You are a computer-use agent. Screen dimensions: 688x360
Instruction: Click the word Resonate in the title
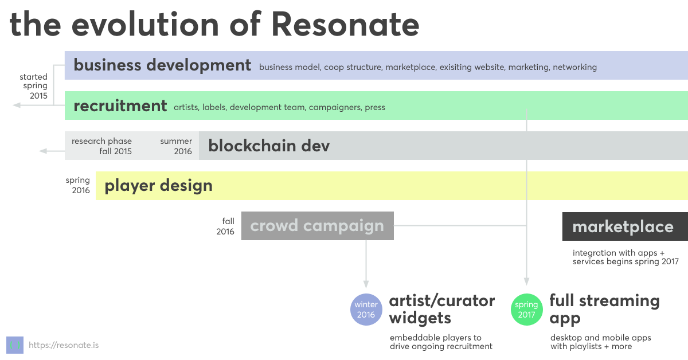tap(345, 24)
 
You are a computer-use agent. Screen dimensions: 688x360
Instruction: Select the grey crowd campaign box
tap(317, 226)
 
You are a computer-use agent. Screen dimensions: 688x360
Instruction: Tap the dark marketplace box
tap(625, 226)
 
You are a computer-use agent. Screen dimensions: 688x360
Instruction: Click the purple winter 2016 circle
tap(366, 310)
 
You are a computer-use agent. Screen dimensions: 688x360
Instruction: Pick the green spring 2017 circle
tap(526, 310)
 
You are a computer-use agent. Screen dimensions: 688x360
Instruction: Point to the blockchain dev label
tap(269, 146)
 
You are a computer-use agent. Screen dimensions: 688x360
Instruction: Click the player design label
tap(158, 186)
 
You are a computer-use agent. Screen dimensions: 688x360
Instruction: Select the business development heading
tap(162, 65)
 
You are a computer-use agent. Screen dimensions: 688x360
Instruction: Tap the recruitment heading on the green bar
tap(120, 105)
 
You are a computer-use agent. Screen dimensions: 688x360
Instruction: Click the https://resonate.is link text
tap(64, 345)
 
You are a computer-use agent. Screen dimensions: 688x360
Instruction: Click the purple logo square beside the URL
tap(15, 345)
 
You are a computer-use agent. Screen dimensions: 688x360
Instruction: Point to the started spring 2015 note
tap(33, 86)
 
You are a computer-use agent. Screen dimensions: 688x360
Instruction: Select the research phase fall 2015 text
tap(101, 146)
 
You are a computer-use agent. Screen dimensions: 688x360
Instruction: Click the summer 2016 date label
tap(176, 146)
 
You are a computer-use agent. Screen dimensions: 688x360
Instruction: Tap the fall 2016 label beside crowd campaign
tap(225, 226)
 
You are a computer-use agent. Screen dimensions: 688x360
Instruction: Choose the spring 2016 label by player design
tap(78, 185)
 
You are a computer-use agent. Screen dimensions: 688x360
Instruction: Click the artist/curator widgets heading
tap(441, 309)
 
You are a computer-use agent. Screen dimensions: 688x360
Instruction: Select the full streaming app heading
tap(604, 309)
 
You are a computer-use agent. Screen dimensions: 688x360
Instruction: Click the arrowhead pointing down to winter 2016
tap(366, 284)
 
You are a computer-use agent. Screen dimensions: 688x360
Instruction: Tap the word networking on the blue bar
tap(574, 67)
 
